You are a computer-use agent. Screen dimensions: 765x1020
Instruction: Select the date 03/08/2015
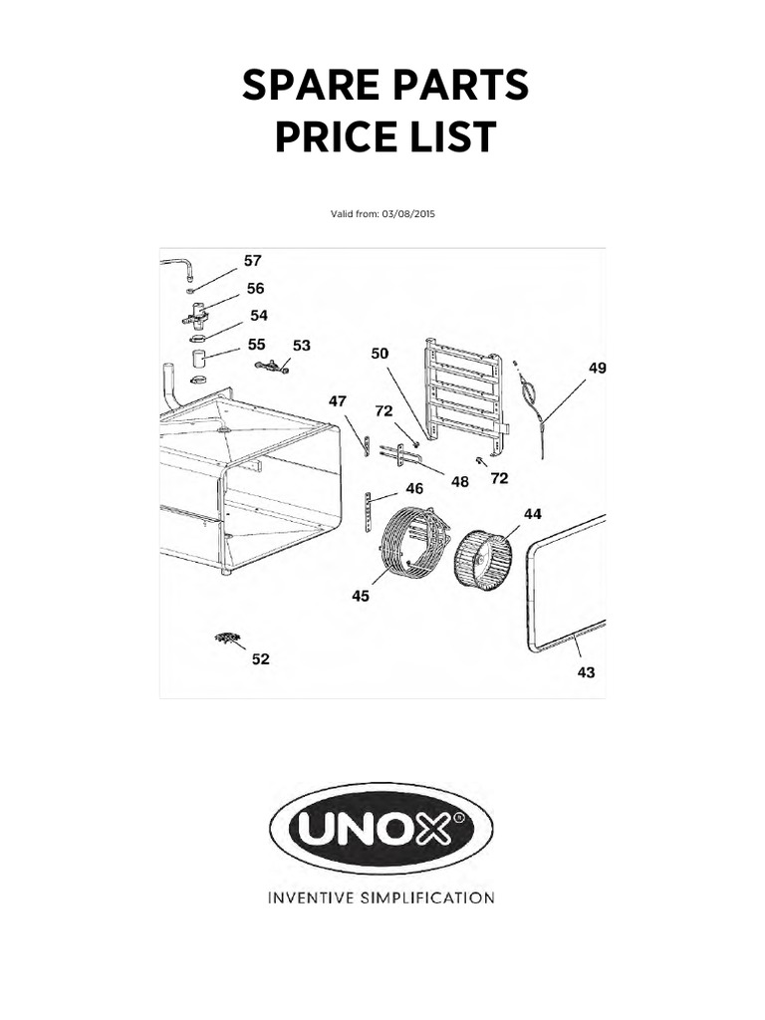(x=408, y=214)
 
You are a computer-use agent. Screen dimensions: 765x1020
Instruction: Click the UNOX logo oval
(x=382, y=828)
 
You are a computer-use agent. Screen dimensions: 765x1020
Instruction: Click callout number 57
(x=252, y=261)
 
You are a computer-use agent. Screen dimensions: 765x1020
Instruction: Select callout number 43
(x=586, y=672)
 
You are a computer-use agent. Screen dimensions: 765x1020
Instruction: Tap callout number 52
(x=260, y=659)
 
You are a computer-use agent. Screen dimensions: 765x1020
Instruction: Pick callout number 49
(x=598, y=369)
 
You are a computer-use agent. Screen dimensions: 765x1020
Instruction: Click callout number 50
(x=380, y=354)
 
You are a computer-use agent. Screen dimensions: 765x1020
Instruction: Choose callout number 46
(x=414, y=488)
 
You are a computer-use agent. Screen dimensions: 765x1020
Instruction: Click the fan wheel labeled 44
(x=483, y=559)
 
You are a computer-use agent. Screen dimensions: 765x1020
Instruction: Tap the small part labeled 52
(x=228, y=638)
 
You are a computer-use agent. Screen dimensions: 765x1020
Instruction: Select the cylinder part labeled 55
(x=198, y=358)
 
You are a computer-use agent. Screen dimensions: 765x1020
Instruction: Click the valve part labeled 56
(x=195, y=314)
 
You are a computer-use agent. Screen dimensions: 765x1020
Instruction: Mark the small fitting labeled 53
(x=272, y=367)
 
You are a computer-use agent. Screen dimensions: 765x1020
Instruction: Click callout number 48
(x=460, y=482)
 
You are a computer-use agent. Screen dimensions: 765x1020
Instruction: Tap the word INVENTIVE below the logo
(x=311, y=898)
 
